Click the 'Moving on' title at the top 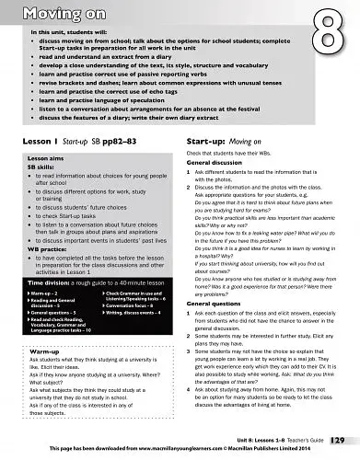click(52, 12)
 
